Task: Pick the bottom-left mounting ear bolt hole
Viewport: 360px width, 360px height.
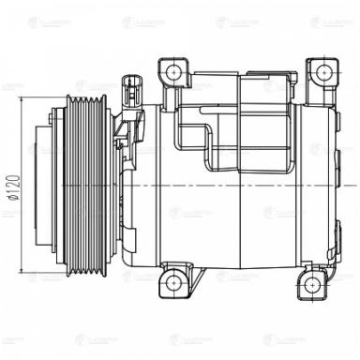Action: (169, 281)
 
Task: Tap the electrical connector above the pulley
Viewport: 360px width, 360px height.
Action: (131, 93)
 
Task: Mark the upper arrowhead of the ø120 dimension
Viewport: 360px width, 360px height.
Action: (19, 100)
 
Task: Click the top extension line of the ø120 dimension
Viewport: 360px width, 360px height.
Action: (37, 97)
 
